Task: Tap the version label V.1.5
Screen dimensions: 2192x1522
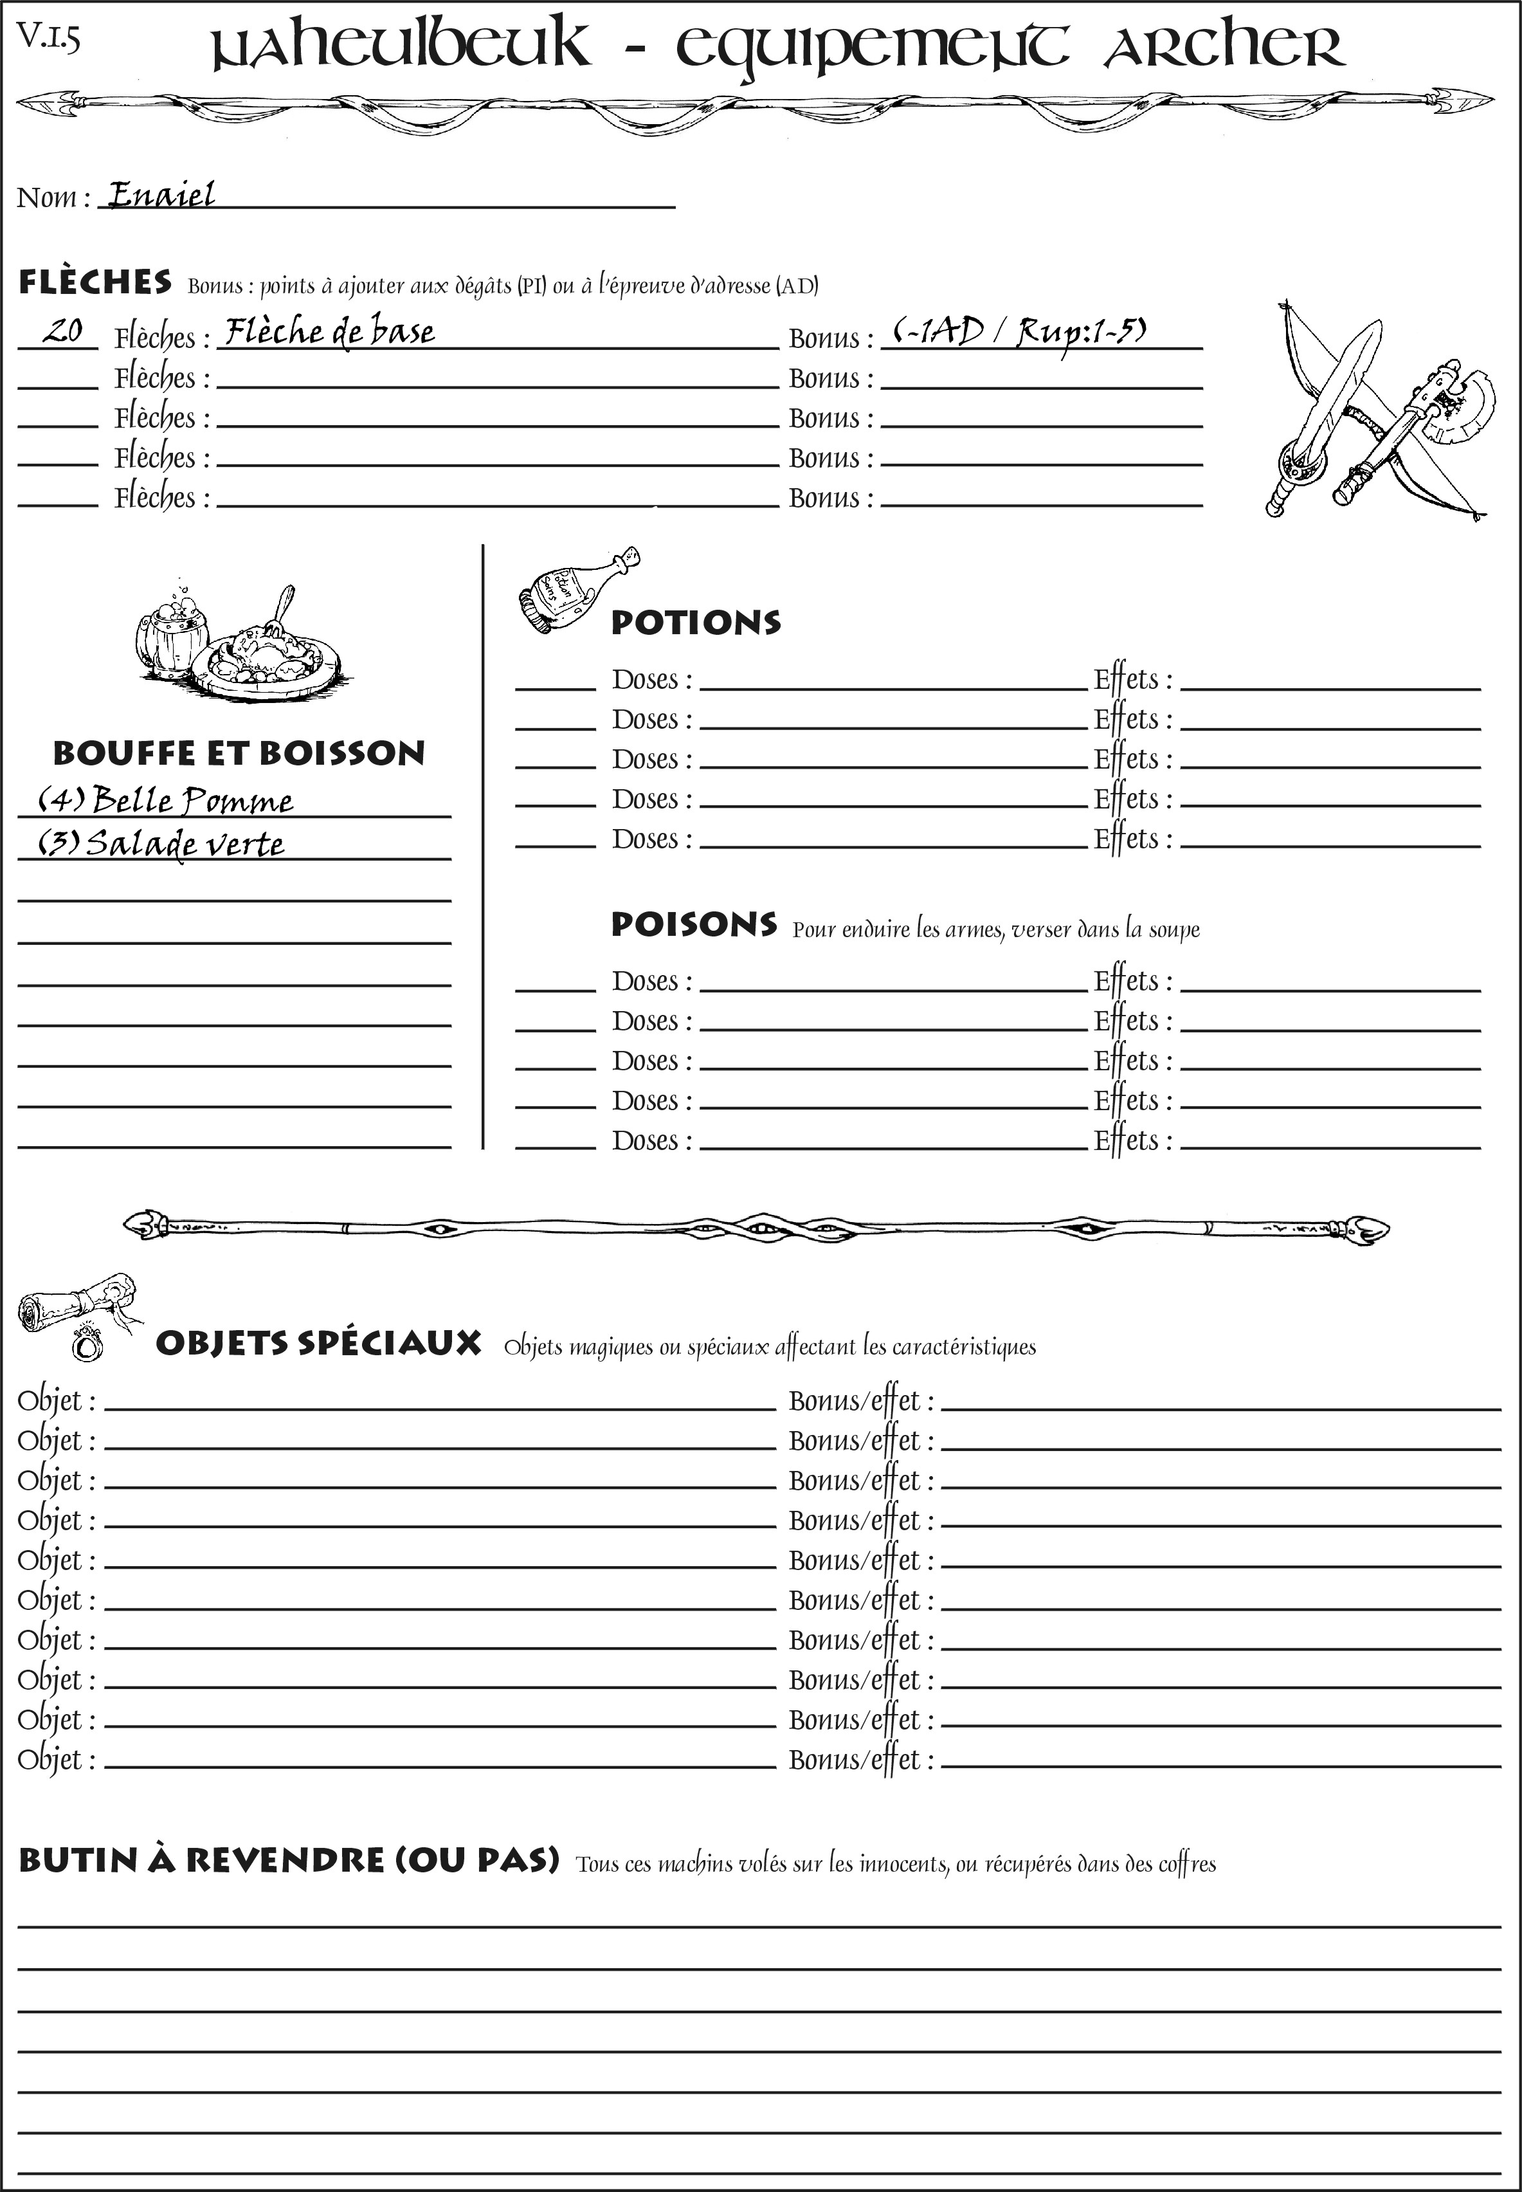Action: pos(48,37)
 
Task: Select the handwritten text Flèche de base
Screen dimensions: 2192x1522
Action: pos(329,332)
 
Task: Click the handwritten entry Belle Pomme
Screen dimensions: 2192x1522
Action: pos(165,799)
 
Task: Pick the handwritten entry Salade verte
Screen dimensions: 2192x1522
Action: pos(160,843)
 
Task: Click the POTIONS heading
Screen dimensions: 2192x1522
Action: pos(695,623)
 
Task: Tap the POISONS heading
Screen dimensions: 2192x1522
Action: pos(693,924)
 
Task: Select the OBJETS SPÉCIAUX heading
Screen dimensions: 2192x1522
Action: pos(318,1343)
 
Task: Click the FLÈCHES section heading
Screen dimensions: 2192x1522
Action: pos(95,282)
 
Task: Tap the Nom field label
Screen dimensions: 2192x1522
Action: pos(53,197)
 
